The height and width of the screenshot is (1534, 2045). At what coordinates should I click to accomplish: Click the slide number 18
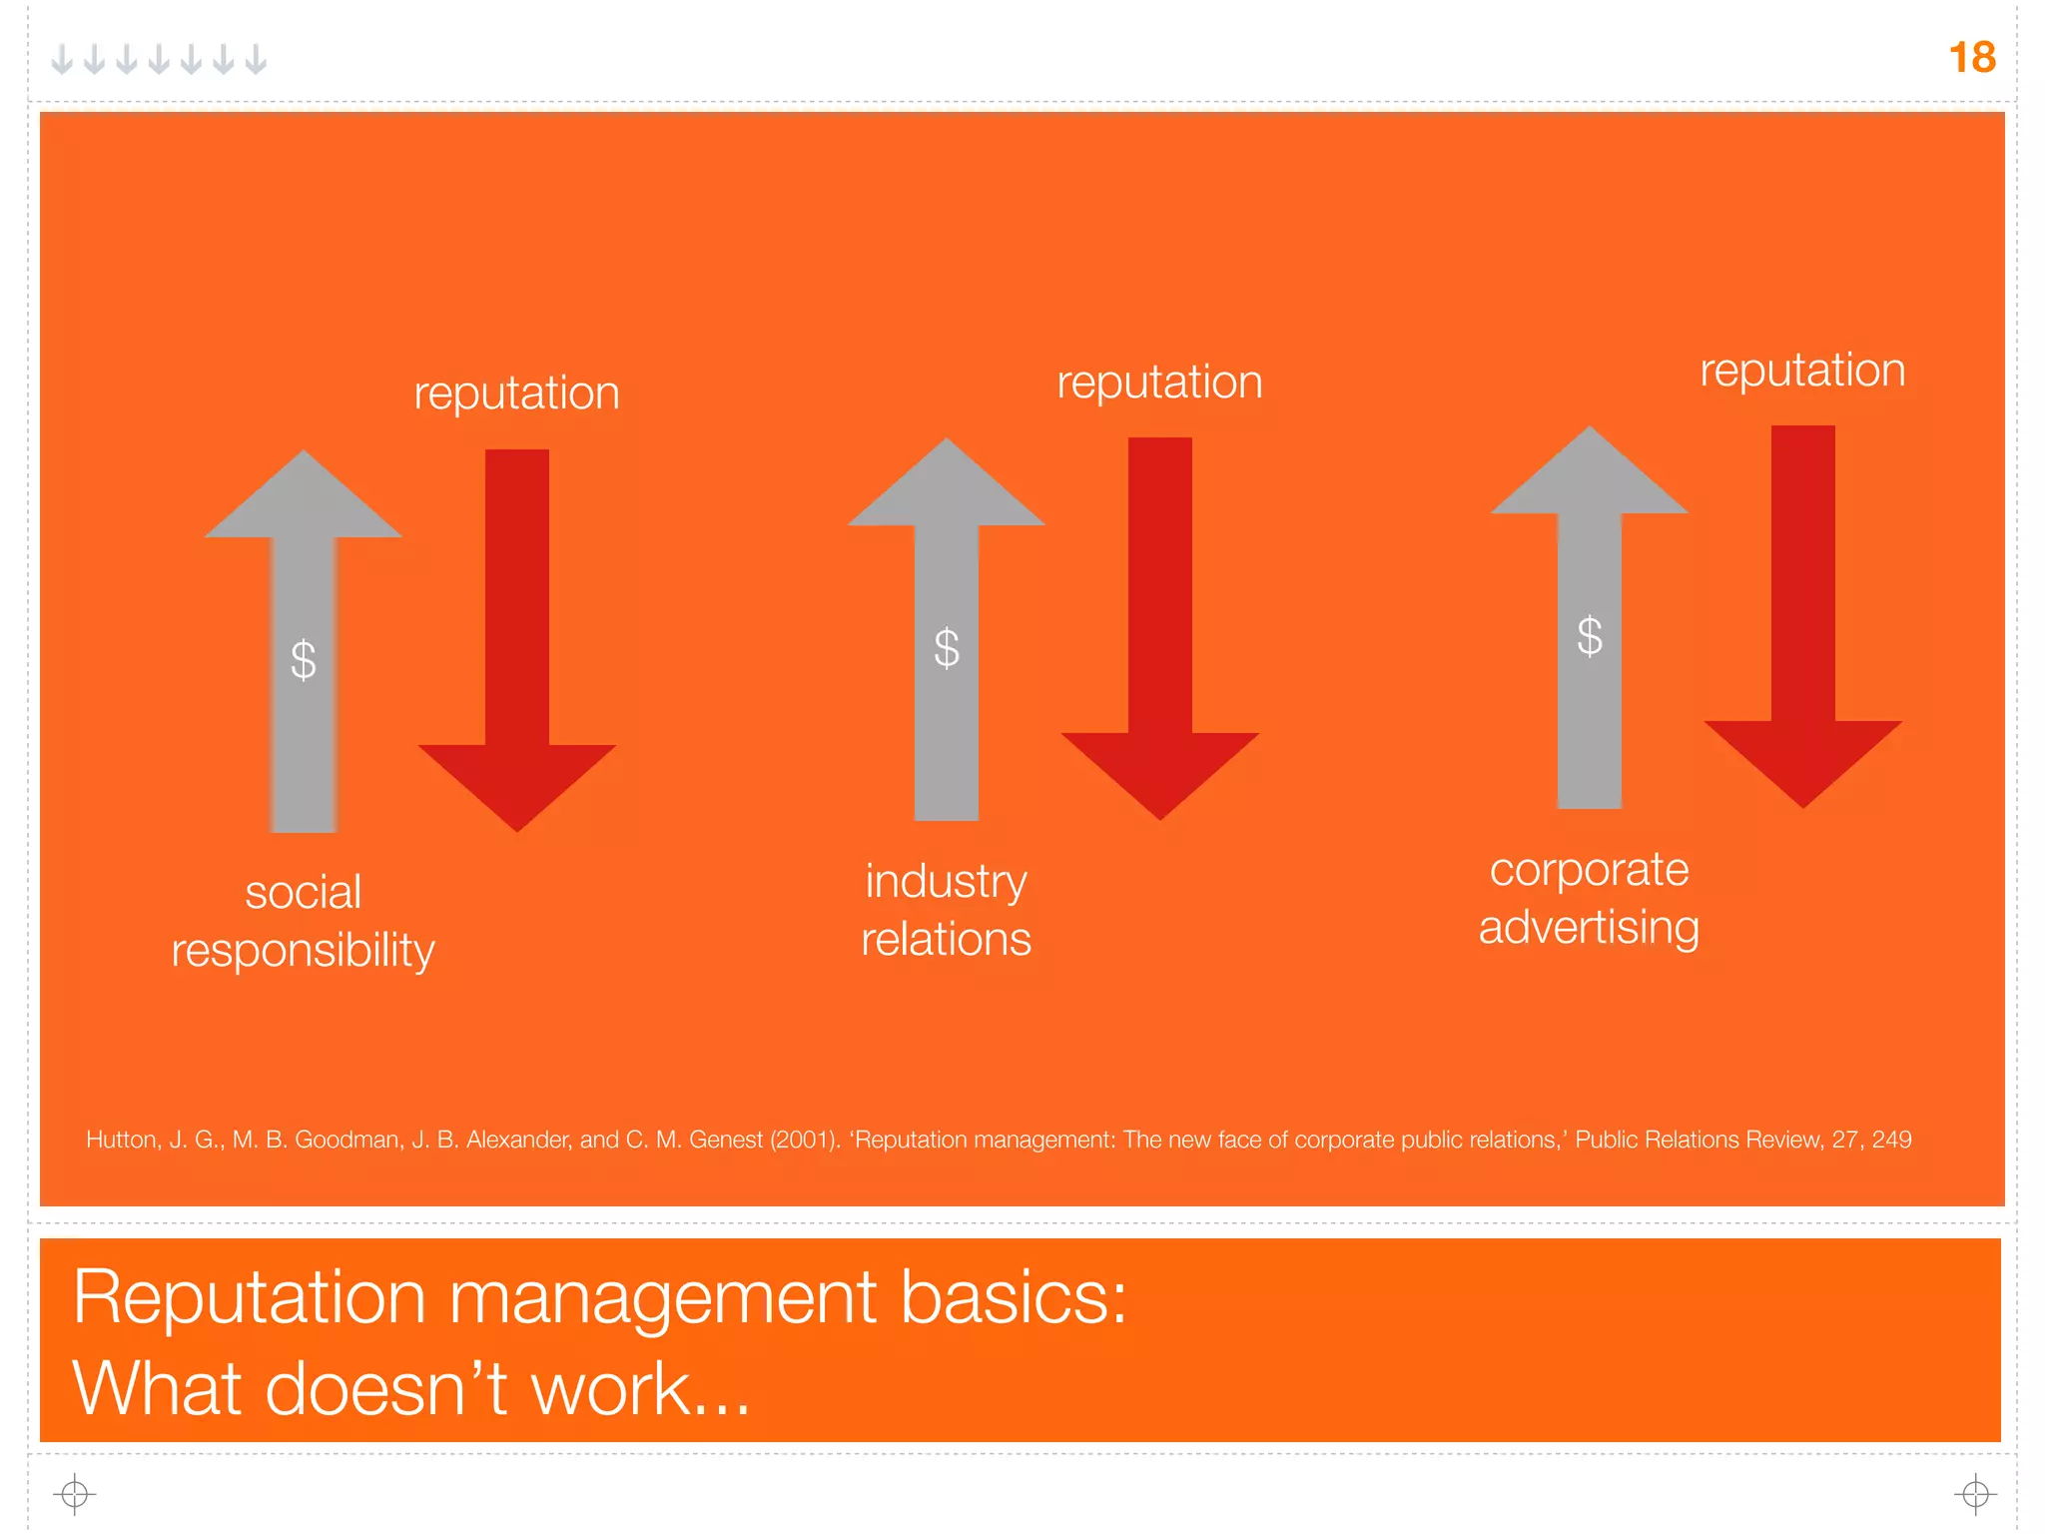(1971, 57)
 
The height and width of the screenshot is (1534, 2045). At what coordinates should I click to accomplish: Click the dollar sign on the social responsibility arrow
(304, 660)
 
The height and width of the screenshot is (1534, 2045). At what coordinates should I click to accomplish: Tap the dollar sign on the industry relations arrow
(947, 648)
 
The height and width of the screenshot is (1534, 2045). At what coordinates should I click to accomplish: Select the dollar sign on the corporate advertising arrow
(1590, 636)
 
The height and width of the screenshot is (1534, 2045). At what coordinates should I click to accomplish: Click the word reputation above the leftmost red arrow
(516, 392)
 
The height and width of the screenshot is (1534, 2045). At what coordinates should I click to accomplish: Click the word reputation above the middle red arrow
(1159, 382)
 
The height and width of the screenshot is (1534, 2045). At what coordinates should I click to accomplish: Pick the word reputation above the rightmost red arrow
(1802, 370)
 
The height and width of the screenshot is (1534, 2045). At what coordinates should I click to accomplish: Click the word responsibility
(303, 950)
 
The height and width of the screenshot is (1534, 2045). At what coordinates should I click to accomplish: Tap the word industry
(946, 881)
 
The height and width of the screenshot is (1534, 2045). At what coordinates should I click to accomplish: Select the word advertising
(1589, 928)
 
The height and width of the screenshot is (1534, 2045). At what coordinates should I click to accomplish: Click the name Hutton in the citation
(121, 1140)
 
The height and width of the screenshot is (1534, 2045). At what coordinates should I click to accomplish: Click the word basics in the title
(1013, 1297)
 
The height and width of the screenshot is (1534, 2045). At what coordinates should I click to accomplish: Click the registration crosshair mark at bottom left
(75, 1494)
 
